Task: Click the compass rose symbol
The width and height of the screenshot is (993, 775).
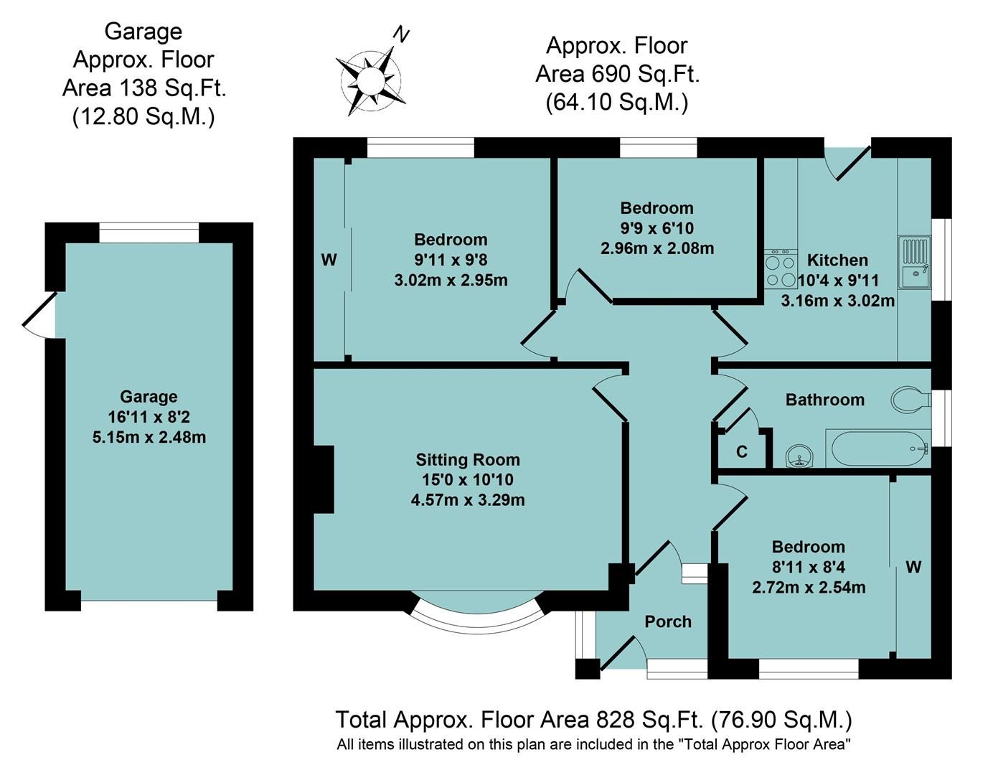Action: [371, 81]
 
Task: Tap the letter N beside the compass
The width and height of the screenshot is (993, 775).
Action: [401, 35]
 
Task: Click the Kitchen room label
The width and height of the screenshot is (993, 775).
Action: [837, 260]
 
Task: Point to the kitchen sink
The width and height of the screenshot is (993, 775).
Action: [914, 263]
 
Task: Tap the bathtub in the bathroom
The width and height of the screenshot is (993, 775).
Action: [878, 448]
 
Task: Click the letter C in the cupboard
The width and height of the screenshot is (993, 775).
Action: [742, 452]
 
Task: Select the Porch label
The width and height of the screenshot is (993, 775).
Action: [668, 621]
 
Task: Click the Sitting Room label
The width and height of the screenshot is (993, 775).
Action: [468, 460]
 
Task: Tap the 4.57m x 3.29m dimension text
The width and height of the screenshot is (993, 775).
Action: [468, 500]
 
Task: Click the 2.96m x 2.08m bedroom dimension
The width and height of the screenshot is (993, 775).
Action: [657, 248]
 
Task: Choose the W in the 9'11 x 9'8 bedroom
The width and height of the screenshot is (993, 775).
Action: [329, 260]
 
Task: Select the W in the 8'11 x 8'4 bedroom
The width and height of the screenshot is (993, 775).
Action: [913, 567]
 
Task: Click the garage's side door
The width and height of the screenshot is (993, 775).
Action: [39, 315]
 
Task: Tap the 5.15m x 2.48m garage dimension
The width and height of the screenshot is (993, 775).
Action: [149, 437]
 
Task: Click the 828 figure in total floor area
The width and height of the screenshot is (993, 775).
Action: [615, 720]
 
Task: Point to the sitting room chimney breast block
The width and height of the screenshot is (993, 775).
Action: [324, 479]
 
